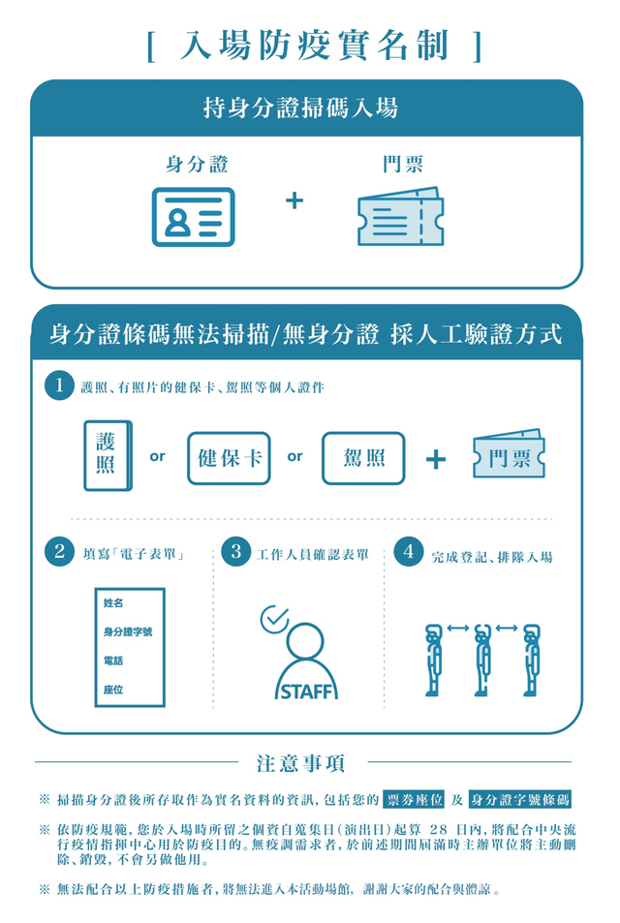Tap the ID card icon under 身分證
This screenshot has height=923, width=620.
coord(193,217)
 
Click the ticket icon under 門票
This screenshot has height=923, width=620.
coord(400,216)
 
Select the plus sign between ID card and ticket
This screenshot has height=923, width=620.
coord(294,201)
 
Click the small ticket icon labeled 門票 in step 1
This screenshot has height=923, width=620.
coord(509,456)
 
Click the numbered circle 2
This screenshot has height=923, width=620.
coord(59,553)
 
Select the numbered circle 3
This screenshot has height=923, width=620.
coord(234,553)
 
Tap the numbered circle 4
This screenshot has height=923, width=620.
coord(409,553)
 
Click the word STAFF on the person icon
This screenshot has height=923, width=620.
coord(306,692)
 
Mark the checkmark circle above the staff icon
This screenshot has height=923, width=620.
coord(275,617)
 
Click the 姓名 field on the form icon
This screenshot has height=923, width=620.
coord(113,603)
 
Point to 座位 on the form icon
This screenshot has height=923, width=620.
coord(113,690)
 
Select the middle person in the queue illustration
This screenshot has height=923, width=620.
coord(482,660)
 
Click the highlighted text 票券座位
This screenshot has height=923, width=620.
coord(415,799)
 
